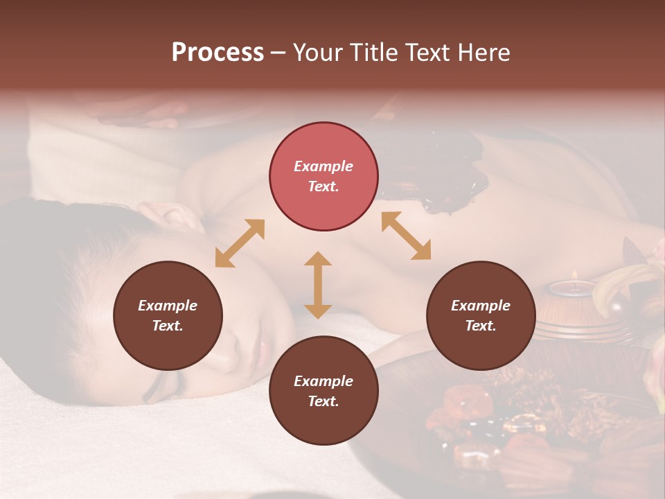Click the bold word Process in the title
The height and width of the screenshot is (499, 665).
218,53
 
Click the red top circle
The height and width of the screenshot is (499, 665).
323,176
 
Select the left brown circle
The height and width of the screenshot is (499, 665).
168,315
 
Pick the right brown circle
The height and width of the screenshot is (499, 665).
481,315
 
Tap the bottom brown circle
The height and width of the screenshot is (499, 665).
323,391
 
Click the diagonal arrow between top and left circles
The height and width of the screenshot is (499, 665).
240,243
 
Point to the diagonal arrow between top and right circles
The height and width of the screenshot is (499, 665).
407,236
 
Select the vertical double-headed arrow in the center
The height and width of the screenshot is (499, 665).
318,285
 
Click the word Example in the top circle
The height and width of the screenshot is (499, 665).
323,166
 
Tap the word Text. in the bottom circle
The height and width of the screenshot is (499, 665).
323,401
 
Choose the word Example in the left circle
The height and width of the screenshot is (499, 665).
168,306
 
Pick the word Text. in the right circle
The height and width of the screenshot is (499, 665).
481,326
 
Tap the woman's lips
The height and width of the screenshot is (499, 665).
263,344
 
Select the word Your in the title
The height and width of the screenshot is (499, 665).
316,53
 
